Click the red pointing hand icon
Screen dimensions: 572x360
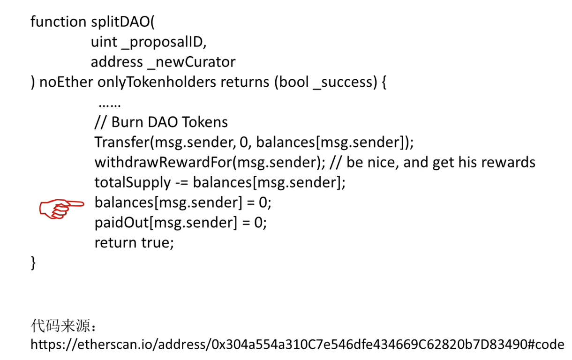click(61, 208)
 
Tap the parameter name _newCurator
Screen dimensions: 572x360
click(191, 62)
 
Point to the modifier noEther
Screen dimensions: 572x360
click(66, 82)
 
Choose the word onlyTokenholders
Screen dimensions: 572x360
click(157, 82)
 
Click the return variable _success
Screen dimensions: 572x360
click(342, 82)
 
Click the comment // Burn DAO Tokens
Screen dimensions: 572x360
click(161, 122)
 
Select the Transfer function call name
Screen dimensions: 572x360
click(122, 142)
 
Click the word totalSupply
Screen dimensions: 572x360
click(133, 183)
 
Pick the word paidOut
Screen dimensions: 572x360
click(122, 222)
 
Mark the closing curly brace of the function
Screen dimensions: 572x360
click(33, 262)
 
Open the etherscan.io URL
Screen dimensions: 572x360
click(297, 345)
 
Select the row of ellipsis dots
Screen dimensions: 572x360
click(110, 105)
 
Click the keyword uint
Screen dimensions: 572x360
click(104, 42)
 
